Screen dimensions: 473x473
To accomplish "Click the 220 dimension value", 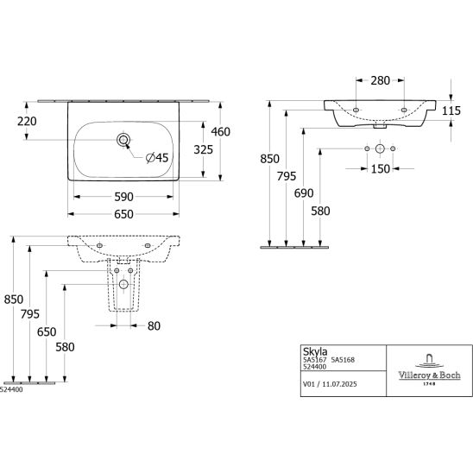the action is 27,121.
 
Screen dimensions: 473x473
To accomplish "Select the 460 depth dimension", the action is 220,132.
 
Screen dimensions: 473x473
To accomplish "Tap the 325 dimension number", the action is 204,149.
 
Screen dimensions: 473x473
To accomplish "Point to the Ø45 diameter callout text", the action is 157,158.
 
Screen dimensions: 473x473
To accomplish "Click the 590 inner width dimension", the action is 123,197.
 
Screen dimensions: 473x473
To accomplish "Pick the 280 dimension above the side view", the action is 380,80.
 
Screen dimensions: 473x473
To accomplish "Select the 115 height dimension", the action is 451,111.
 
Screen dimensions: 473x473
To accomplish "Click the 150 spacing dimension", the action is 381,169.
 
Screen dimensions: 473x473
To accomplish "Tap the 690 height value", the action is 304,193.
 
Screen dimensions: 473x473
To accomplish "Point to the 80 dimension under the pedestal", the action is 154,325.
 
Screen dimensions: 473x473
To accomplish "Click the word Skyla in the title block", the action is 315,352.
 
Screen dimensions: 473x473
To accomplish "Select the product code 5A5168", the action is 343,360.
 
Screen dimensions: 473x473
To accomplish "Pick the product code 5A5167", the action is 315,360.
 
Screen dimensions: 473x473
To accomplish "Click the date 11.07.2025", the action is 339,384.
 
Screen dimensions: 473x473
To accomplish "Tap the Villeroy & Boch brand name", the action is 429,375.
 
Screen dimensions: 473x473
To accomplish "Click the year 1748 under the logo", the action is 429,384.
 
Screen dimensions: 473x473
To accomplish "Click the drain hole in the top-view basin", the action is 123,140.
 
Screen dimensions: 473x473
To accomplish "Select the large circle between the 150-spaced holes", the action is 380,148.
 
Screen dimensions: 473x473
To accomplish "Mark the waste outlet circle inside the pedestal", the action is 123,284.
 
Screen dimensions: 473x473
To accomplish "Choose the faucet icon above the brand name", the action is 429,361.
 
